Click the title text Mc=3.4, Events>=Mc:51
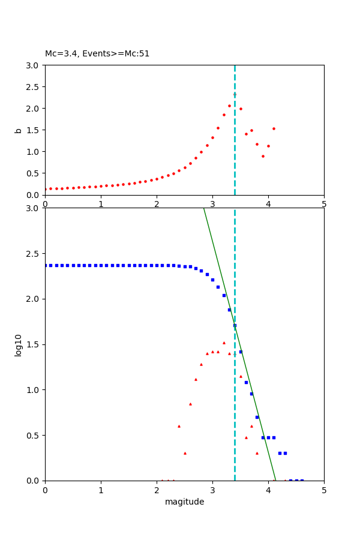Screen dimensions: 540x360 click(97, 54)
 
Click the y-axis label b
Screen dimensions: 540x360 click(19, 130)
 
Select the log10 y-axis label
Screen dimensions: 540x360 click(19, 345)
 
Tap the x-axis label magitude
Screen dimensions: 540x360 click(184, 502)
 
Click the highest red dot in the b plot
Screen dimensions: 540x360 click(235, 94)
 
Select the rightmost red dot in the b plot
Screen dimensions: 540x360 click(274, 128)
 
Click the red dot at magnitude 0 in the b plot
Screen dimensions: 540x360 click(45, 189)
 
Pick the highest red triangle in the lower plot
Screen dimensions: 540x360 click(224, 343)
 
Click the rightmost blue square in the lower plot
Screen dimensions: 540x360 click(302, 480)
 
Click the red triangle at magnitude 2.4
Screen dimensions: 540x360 click(179, 426)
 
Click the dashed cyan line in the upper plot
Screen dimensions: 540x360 click(235, 156)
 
